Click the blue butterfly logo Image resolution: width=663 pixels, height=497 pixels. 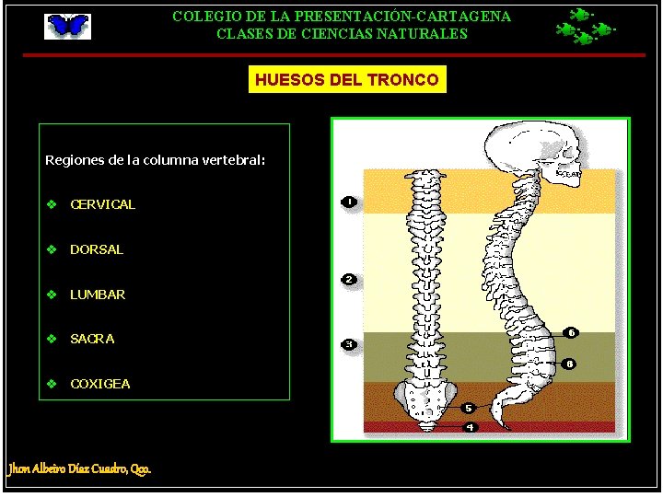(x=68, y=26)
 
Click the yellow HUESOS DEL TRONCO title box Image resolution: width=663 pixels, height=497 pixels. (x=347, y=80)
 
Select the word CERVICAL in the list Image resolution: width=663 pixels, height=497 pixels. (x=102, y=204)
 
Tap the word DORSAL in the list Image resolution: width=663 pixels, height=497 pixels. (x=96, y=249)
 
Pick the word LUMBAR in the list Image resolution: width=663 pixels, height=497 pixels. (x=98, y=295)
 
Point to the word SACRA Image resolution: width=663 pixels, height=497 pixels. (x=92, y=339)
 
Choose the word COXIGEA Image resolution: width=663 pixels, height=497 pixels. (x=100, y=384)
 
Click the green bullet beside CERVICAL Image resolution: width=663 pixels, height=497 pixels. (x=52, y=204)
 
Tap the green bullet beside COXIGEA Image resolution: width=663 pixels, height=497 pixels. (x=52, y=384)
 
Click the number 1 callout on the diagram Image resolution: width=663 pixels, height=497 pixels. (x=349, y=201)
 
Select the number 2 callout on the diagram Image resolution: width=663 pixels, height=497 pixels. (x=349, y=279)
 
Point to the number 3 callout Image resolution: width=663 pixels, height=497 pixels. (x=349, y=344)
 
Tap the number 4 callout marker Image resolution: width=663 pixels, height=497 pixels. (x=470, y=427)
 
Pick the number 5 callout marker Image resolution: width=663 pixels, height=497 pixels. (x=469, y=408)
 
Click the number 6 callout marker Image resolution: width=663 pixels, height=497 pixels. (x=571, y=332)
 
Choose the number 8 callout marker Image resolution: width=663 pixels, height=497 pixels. (x=570, y=364)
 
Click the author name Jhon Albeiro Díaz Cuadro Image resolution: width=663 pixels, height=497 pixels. (x=79, y=468)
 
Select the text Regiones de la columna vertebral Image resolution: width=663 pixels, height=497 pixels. (x=155, y=160)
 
